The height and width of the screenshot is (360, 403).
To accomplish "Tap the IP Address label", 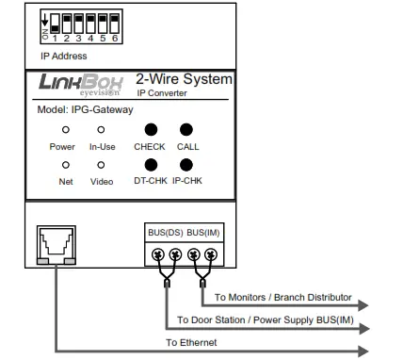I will coord(63,57).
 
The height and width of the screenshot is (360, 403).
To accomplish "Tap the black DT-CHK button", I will coord(150,164).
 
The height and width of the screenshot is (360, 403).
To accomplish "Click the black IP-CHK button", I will coord(187,164).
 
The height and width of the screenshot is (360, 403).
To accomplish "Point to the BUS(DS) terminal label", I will coord(164,232).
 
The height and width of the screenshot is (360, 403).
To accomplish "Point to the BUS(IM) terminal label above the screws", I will coord(204,232).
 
